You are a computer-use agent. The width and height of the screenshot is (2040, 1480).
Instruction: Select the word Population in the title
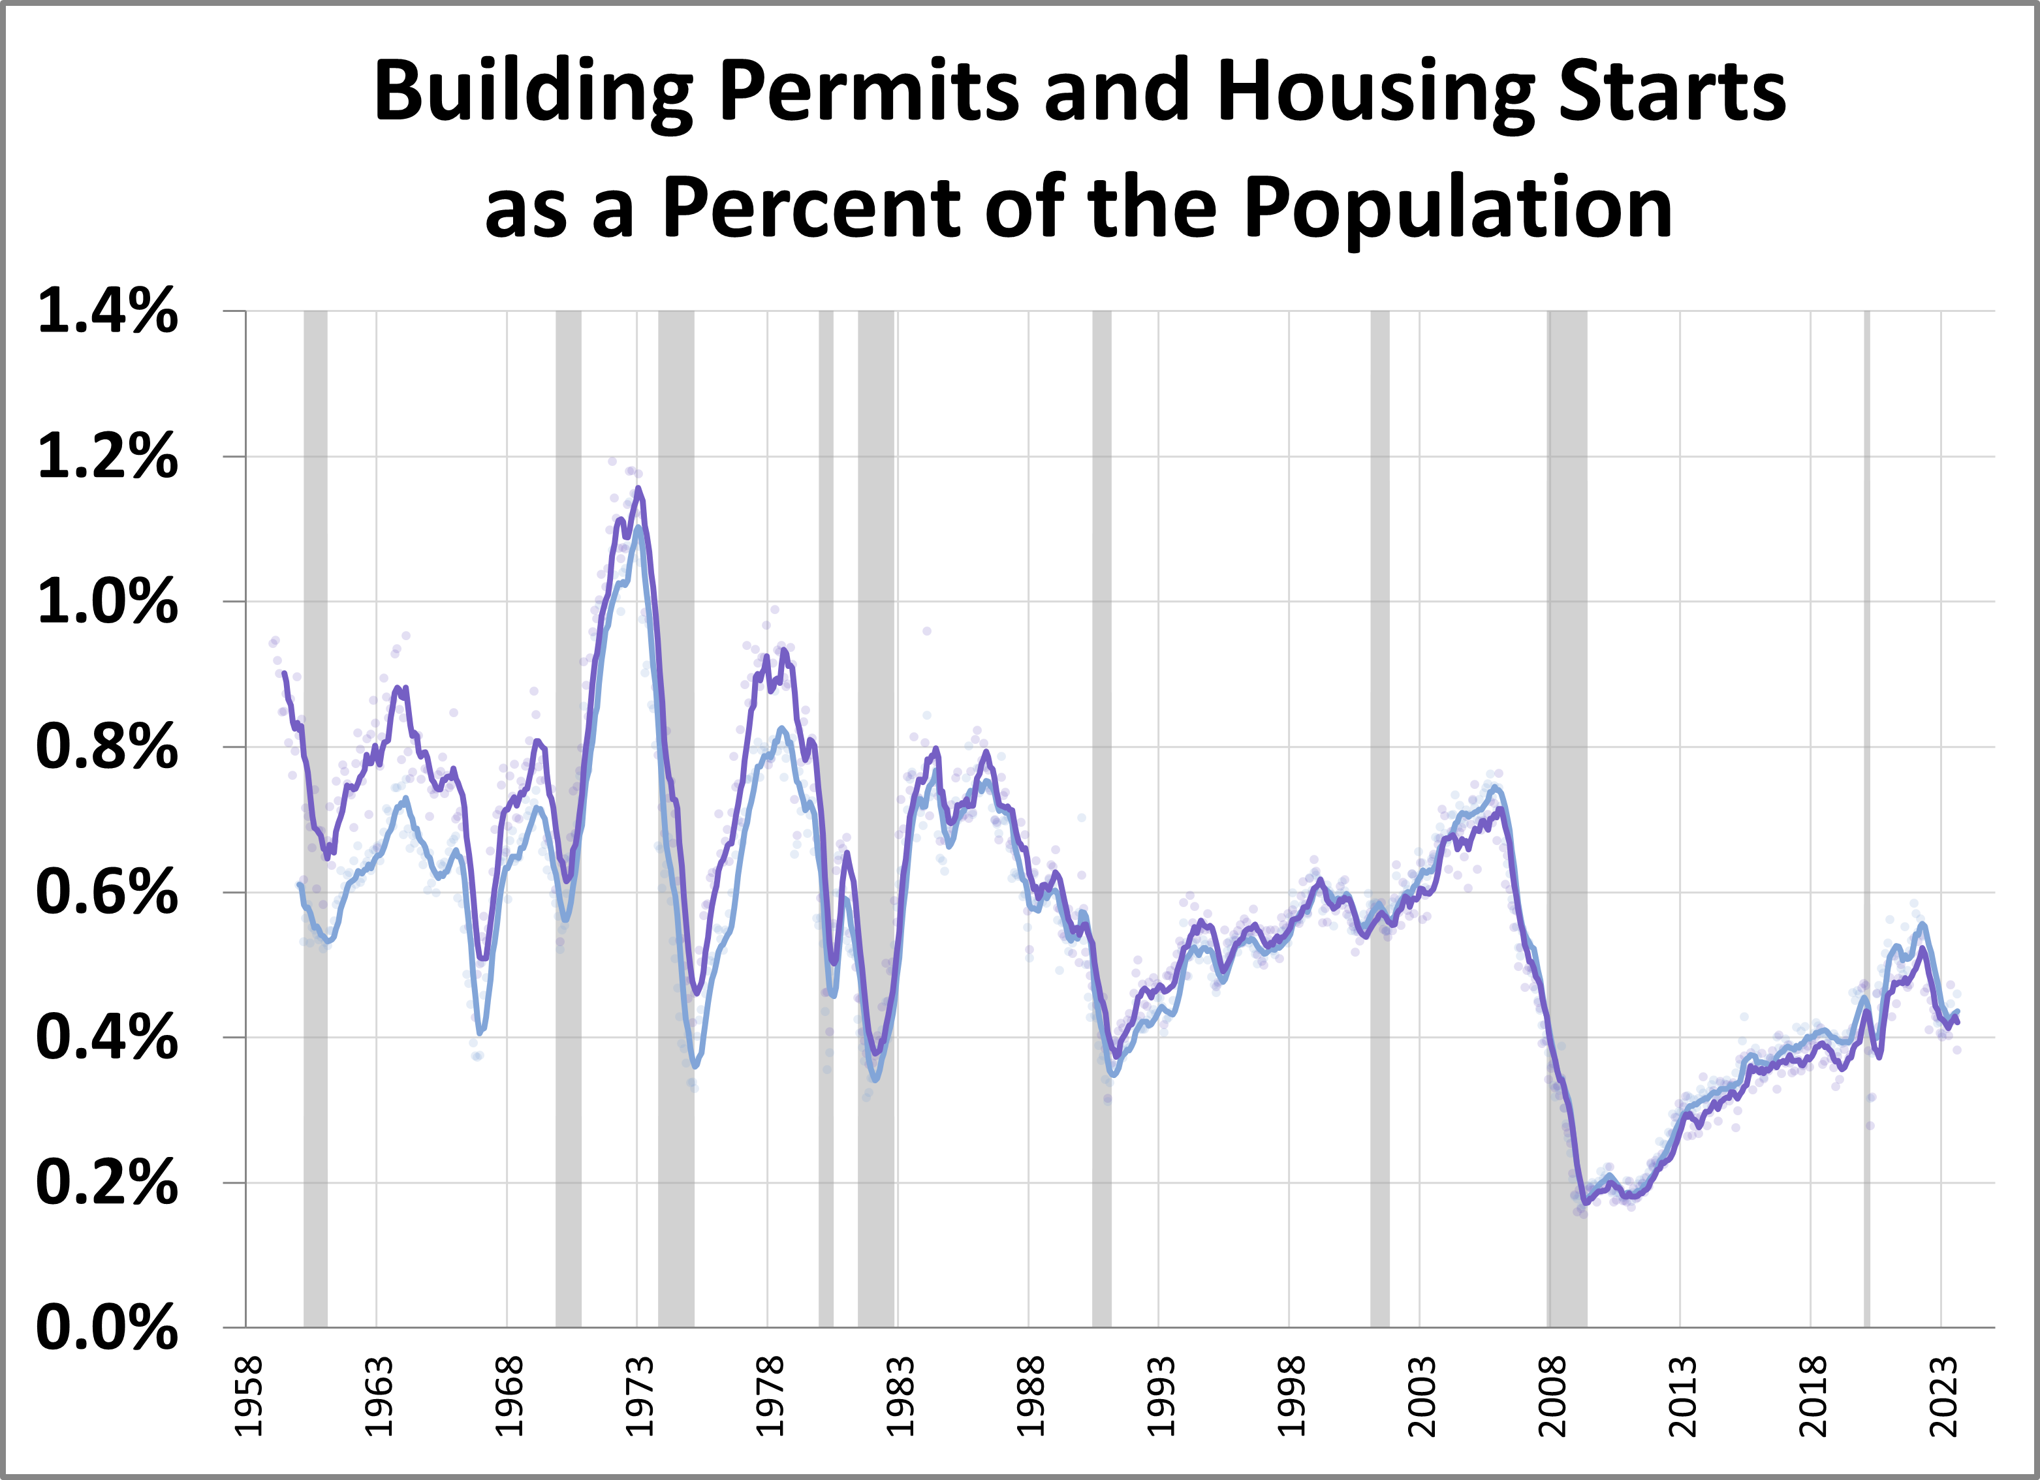(x=1459, y=209)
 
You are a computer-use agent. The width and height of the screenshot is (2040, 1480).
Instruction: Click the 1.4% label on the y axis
(x=107, y=312)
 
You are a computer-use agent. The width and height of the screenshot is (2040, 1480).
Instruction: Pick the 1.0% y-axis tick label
(x=107, y=602)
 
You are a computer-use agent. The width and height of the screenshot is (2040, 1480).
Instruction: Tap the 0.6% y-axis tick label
(x=107, y=893)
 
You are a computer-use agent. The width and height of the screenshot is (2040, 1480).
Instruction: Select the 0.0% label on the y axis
(x=107, y=1328)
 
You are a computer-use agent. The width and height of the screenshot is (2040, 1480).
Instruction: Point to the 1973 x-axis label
(x=638, y=1395)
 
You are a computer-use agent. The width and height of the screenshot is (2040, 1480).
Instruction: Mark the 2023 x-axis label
(x=1943, y=1395)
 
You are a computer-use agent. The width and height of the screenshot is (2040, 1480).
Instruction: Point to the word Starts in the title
(x=1671, y=93)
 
